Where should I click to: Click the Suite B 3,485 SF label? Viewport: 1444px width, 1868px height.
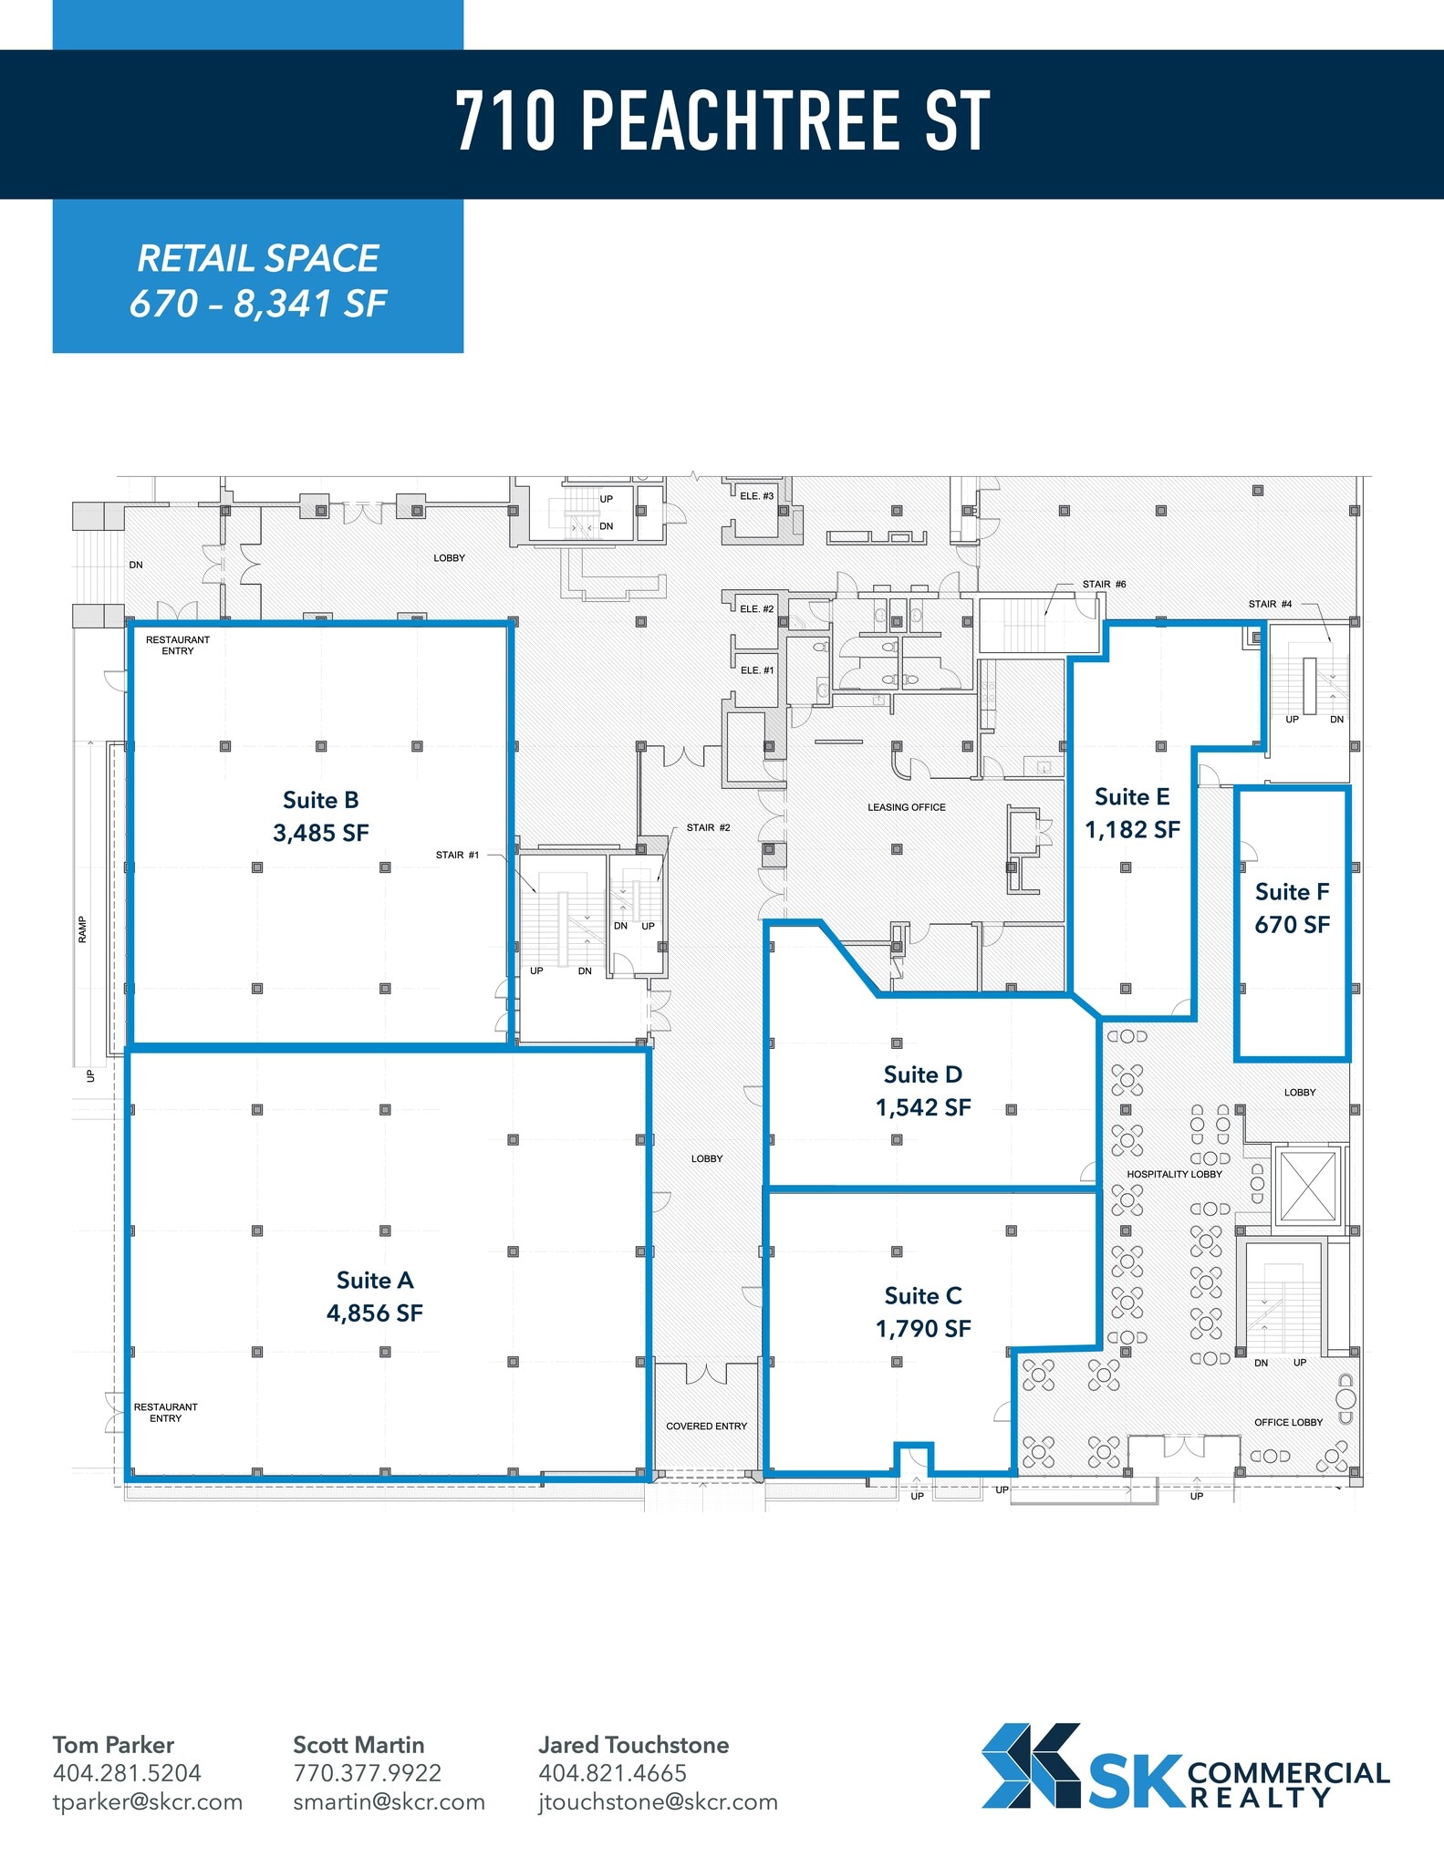[x=320, y=816]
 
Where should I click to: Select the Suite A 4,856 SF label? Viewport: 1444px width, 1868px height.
[x=375, y=1296]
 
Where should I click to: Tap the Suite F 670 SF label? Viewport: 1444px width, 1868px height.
[x=1292, y=908]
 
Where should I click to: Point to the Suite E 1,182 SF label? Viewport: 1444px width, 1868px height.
[x=1132, y=813]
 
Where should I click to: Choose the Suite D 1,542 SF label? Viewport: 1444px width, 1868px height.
[x=923, y=1090]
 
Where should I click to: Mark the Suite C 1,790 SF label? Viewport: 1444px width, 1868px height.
[x=923, y=1312]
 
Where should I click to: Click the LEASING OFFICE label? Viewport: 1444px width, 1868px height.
[x=906, y=807]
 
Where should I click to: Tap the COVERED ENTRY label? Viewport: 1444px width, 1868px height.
[x=706, y=1426]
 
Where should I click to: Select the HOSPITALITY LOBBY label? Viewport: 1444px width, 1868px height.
[x=1174, y=1174]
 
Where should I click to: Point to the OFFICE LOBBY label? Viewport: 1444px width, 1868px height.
[x=1288, y=1422]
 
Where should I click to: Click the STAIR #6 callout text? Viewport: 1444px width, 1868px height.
[x=1104, y=584]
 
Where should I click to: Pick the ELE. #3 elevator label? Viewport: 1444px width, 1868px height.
[x=756, y=496]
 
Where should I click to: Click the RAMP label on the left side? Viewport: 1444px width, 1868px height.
[x=82, y=929]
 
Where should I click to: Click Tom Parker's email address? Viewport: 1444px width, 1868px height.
[x=148, y=1801]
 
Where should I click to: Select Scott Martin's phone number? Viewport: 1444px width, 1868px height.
[x=367, y=1772]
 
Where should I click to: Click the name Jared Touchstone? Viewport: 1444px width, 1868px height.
[x=633, y=1744]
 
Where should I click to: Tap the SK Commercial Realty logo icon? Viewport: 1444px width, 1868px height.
[x=1031, y=1765]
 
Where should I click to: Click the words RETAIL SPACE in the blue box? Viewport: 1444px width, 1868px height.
[x=258, y=258]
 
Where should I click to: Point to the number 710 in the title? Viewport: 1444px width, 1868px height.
[x=505, y=120]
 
